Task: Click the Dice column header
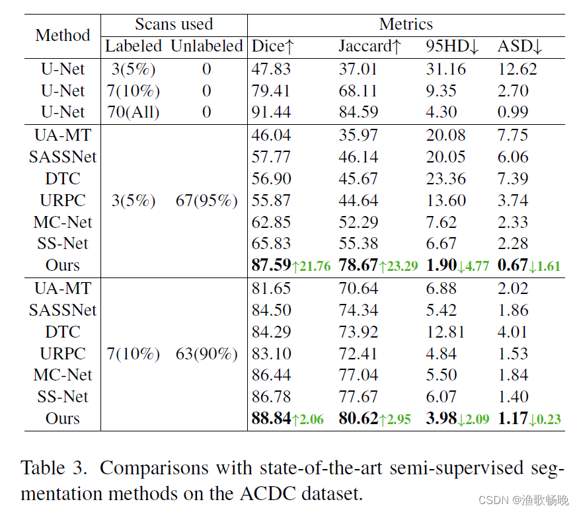click(273, 46)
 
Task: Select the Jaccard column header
click(370, 46)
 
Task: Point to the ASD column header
click(520, 46)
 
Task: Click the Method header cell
click(63, 35)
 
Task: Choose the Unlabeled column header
click(207, 46)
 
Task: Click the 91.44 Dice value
click(271, 112)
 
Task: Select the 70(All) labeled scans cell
click(134, 112)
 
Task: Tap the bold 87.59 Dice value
click(271, 266)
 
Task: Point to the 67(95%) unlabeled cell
click(207, 200)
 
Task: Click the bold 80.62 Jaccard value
click(359, 419)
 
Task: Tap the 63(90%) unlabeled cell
click(207, 353)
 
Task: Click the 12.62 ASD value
click(518, 69)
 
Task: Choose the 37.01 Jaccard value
click(359, 69)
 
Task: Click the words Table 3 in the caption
click(54, 468)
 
